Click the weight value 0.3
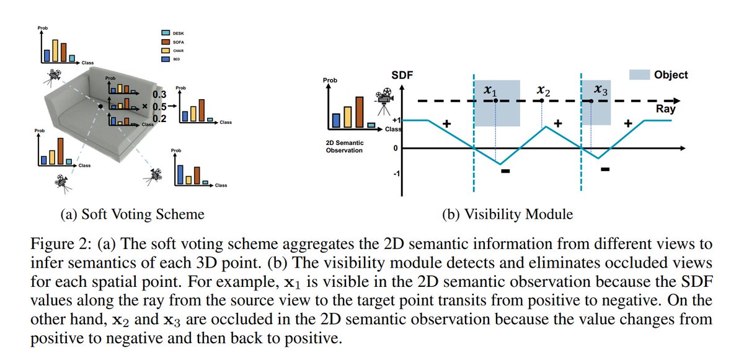(x=161, y=94)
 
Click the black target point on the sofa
(x=100, y=107)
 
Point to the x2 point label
(x=544, y=90)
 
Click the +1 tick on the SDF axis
(x=397, y=120)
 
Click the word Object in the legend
(x=670, y=74)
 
